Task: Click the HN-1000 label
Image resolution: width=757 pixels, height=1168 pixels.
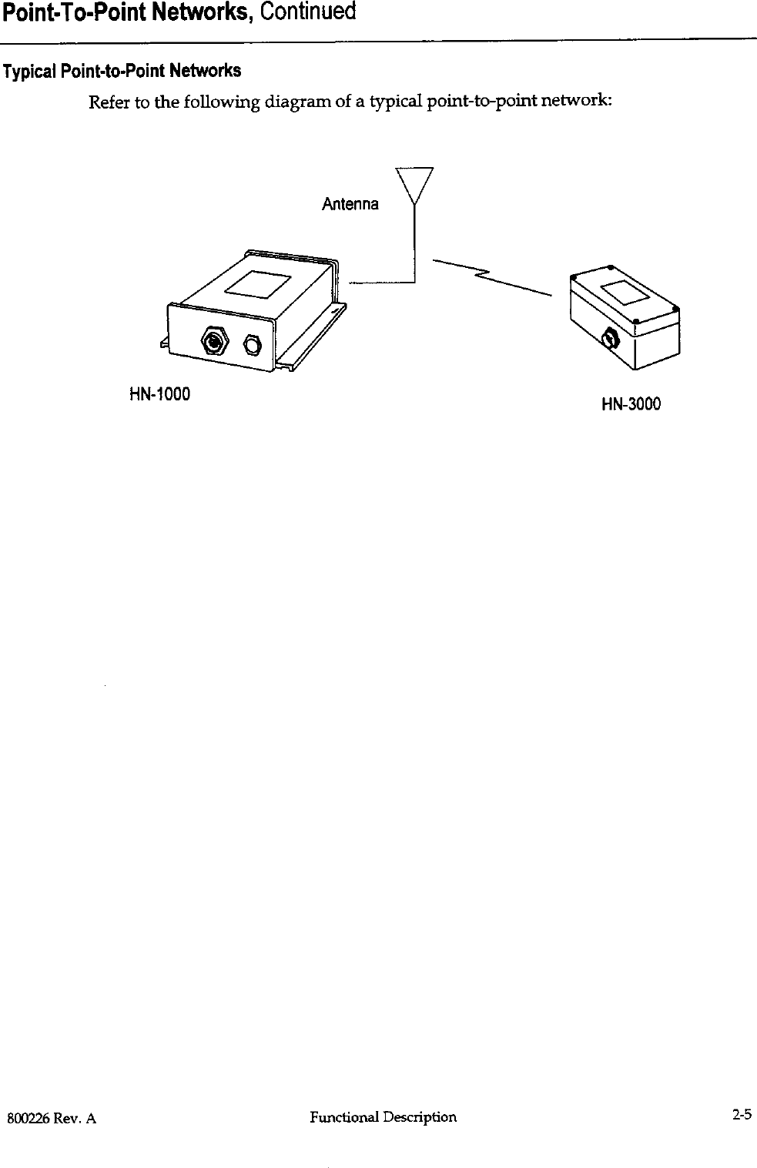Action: [x=159, y=395]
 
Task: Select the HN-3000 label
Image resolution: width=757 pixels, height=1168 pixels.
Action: [x=631, y=404]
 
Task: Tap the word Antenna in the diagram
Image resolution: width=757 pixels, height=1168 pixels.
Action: [x=350, y=205]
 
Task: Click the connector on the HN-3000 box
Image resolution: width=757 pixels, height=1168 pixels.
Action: [x=609, y=337]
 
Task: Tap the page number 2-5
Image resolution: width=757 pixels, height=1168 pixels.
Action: [x=742, y=1114]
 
